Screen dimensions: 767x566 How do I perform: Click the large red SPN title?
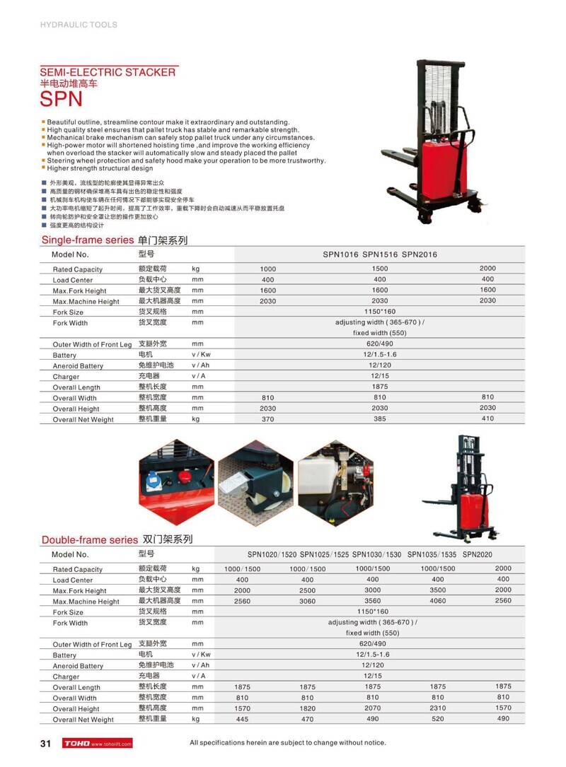[62, 99]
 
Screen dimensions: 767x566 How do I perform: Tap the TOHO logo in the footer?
[76, 744]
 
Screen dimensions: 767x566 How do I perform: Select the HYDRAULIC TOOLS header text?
[79, 25]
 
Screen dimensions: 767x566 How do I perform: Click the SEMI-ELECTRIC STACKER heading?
[108, 72]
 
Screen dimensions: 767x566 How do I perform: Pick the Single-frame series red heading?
[88, 240]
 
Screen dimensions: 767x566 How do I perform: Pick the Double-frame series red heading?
[89, 540]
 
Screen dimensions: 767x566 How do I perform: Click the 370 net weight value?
[267, 419]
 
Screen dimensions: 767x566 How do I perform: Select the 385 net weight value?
[380, 419]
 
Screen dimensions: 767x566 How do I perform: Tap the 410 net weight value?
[487, 419]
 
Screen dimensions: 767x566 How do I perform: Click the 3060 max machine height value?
[307, 601]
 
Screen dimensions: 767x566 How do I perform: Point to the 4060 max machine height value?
[438, 601]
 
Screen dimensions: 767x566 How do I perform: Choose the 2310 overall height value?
[438, 708]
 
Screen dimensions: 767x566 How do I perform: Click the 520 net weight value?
[438, 719]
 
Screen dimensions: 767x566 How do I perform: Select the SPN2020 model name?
[478, 555]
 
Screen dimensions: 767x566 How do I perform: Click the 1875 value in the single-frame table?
[380, 387]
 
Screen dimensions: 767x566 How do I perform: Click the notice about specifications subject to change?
[288, 743]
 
